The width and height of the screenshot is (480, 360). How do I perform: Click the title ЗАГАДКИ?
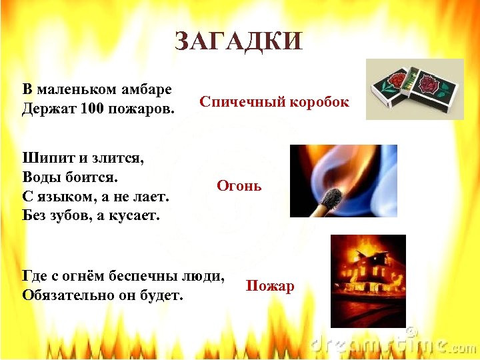pos(239,41)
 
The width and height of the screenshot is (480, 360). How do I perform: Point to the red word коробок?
pos(316,102)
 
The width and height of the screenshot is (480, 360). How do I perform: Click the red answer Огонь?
pos(239,186)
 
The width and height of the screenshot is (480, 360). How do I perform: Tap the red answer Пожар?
pos(270,286)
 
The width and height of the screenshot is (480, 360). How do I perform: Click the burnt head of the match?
pos(331,195)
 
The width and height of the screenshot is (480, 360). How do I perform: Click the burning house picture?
pos(368,281)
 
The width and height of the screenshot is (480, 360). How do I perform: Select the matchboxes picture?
pos(414,89)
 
